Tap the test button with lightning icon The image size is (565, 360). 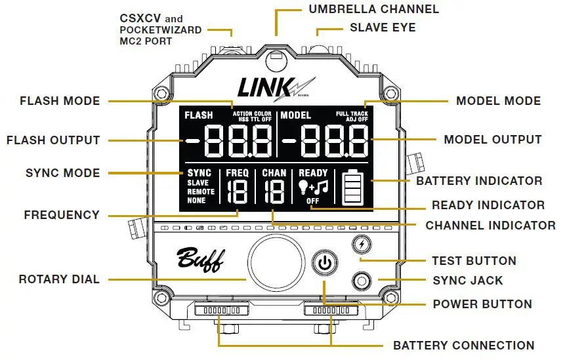point(361,245)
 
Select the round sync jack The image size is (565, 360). point(361,282)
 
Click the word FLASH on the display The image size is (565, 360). point(199,115)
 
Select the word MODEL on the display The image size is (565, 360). point(296,115)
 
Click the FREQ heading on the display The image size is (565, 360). point(237,173)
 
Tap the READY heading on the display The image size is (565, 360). point(313,173)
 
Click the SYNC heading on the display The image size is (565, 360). point(199,173)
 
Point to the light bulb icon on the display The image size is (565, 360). point(303,188)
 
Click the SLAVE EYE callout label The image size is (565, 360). point(383,28)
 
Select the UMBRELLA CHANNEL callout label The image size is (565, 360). point(373,9)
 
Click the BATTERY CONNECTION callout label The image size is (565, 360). point(463,345)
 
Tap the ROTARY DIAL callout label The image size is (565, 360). point(59,279)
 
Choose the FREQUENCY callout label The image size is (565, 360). point(62,214)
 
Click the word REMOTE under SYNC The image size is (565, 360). point(200,192)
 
